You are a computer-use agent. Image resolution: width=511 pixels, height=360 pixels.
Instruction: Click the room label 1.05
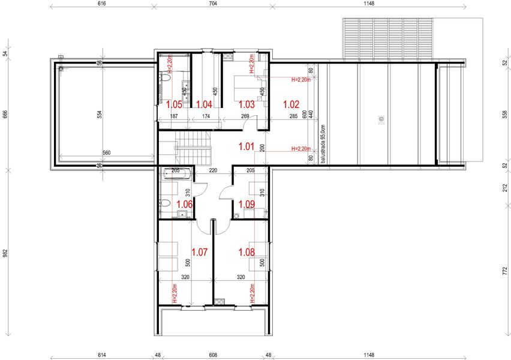click(x=173, y=104)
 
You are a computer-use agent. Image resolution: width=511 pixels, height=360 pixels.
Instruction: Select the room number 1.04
click(x=205, y=104)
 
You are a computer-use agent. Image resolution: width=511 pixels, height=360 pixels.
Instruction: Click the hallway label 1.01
click(x=247, y=146)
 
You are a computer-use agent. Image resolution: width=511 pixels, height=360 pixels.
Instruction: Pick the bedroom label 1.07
click(x=199, y=252)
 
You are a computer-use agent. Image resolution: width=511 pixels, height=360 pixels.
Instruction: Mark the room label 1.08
click(x=247, y=252)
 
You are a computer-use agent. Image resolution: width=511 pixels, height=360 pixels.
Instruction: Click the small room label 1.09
click(x=247, y=205)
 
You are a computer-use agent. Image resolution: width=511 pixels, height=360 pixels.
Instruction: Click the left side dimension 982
click(x=5, y=253)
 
